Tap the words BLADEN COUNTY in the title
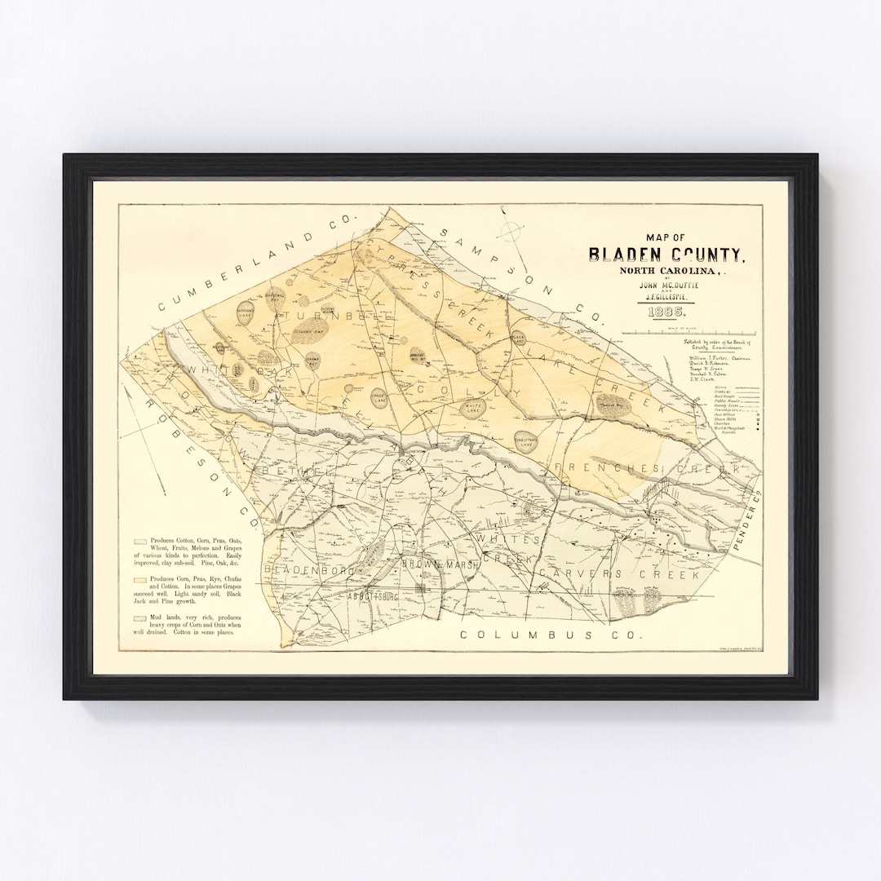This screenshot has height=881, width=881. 666,254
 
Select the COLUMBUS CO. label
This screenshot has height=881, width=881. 551,634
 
